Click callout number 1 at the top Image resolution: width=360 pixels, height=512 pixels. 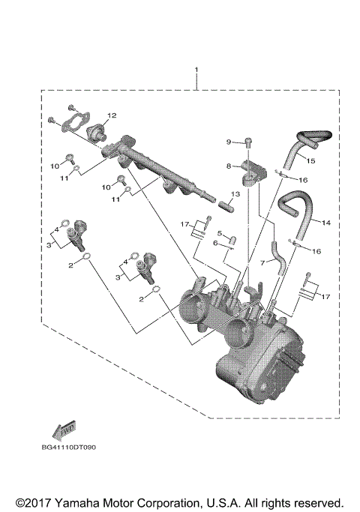click(197, 71)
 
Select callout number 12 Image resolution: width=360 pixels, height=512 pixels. click(111, 115)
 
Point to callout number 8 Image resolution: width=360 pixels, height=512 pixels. click(229, 165)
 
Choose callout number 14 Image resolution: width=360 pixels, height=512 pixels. click(326, 223)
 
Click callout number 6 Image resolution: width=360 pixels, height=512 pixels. click(215, 243)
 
